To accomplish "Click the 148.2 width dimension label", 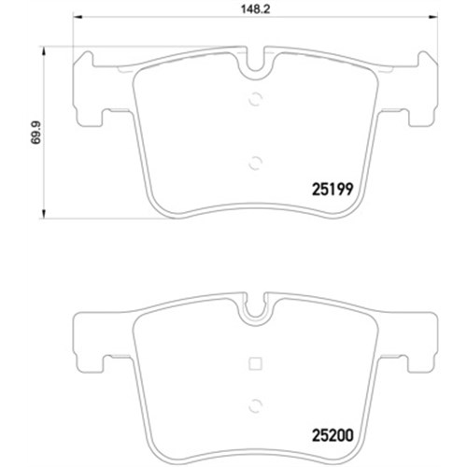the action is click(255, 9).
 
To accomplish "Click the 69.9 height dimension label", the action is click(36, 133).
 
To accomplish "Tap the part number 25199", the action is click(333, 189).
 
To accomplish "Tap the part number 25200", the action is click(333, 435).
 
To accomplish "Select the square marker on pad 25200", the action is click(255, 363).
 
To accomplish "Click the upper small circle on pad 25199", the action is click(255, 99).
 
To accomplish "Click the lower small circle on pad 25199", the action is click(255, 163).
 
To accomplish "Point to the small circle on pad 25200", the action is click(255, 405).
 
